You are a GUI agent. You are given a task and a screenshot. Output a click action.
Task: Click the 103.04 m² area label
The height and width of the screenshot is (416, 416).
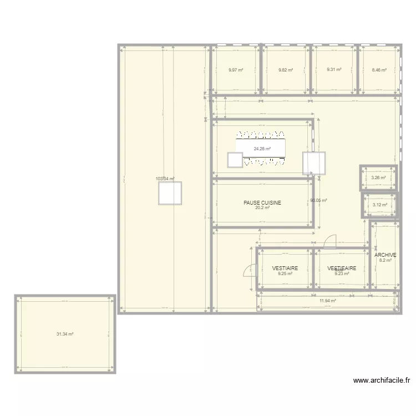click(x=165, y=179)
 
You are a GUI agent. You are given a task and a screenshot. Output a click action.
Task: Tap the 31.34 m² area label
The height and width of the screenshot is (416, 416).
click(x=65, y=334)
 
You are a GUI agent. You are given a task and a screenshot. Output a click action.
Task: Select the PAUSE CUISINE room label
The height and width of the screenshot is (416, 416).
click(x=262, y=203)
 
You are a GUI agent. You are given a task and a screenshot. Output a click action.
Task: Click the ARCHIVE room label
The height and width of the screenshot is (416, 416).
click(x=385, y=255)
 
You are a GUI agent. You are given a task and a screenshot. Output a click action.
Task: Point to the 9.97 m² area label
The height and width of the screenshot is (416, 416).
click(x=236, y=70)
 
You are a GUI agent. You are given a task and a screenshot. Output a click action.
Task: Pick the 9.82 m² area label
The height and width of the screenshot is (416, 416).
click(x=285, y=70)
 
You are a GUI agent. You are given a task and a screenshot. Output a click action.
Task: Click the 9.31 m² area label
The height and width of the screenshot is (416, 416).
click(x=334, y=70)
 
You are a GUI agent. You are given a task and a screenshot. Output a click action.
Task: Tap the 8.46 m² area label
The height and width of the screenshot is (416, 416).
click(x=379, y=70)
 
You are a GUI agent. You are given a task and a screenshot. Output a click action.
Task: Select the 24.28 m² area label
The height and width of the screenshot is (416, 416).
click(x=262, y=149)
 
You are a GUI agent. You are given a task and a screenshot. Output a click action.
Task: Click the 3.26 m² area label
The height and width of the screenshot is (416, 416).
click(x=378, y=178)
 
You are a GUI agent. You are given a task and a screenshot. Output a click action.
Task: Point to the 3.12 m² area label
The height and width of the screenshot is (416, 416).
click(x=380, y=205)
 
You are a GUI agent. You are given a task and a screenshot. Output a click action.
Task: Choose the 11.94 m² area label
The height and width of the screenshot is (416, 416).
click(x=328, y=301)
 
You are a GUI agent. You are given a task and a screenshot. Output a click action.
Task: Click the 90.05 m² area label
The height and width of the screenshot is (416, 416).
click(x=318, y=201)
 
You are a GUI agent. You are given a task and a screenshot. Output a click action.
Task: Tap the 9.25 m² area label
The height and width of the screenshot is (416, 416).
click(x=285, y=273)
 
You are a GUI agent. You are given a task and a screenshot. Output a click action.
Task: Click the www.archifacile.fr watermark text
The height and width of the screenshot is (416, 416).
click(x=382, y=381)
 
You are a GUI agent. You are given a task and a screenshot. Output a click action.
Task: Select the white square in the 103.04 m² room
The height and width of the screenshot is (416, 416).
click(x=170, y=193)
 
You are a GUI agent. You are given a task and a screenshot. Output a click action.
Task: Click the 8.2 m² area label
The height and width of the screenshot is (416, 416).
click(x=385, y=260)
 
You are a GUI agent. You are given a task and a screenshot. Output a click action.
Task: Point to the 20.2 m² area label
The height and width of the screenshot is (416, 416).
click(x=262, y=208)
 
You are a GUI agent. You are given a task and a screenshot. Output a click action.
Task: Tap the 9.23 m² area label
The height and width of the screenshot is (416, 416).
click(x=341, y=273)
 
